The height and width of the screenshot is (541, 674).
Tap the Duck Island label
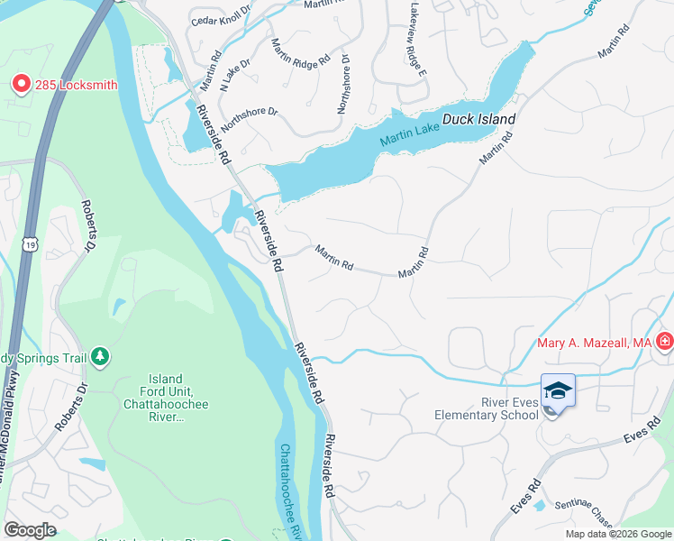tap(478, 119)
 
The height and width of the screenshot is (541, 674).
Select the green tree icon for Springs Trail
tap(100, 358)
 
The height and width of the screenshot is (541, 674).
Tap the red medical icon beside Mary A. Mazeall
tap(665, 342)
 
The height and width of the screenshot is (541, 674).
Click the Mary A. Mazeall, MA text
tap(593, 343)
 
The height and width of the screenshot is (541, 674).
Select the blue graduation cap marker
tap(558, 391)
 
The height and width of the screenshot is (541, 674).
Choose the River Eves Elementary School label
tap(486, 408)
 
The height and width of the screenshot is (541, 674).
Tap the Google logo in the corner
tap(30, 530)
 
